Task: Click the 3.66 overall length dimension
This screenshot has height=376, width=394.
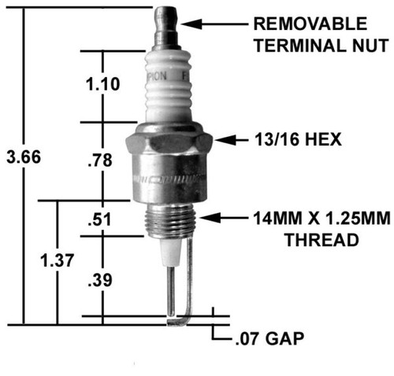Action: click(22, 157)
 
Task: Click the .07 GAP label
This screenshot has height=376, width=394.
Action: click(269, 340)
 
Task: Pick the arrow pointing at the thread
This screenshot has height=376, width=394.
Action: click(223, 216)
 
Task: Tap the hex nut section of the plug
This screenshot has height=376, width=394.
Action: click(169, 144)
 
